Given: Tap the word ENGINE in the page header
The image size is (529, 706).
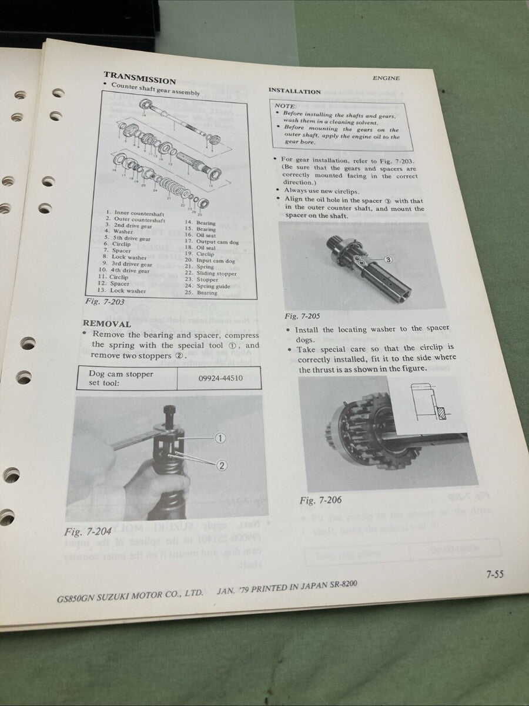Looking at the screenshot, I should pos(386,78).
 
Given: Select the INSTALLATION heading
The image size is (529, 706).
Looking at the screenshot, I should pos(294,91).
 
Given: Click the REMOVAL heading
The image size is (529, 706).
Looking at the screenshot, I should pos(106,324).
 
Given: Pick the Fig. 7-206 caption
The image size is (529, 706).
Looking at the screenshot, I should pos(320,501).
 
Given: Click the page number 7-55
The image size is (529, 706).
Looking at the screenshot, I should pos(494,575).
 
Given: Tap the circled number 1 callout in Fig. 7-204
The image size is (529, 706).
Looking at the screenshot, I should pos(220,438).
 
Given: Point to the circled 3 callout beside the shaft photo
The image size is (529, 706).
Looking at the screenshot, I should pos(389,259).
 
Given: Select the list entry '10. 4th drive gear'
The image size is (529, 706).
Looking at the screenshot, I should pos(127,271).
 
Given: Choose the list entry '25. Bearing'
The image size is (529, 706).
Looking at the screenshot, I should pos(200,292).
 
